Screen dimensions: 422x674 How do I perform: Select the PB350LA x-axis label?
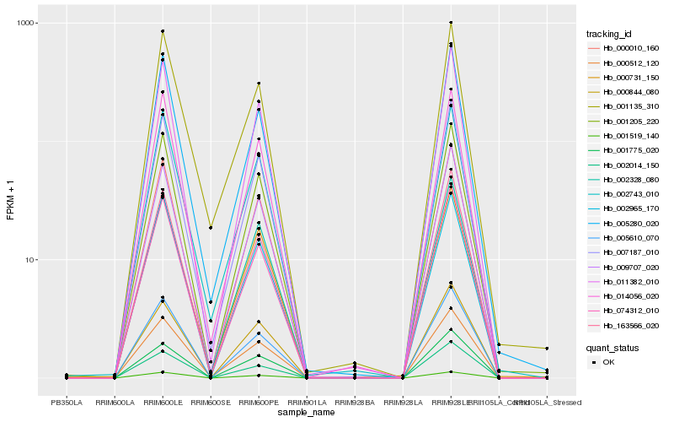click(67, 403)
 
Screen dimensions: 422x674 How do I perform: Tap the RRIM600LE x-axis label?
click(163, 403)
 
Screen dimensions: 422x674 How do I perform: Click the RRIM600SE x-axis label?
click(211, 403)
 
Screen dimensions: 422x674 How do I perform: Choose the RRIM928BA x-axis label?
click(355, 403)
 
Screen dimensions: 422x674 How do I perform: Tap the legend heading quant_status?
click(613, 347)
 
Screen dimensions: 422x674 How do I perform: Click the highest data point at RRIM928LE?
click(451, 23)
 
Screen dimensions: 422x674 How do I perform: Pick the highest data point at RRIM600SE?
click(211, 227)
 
